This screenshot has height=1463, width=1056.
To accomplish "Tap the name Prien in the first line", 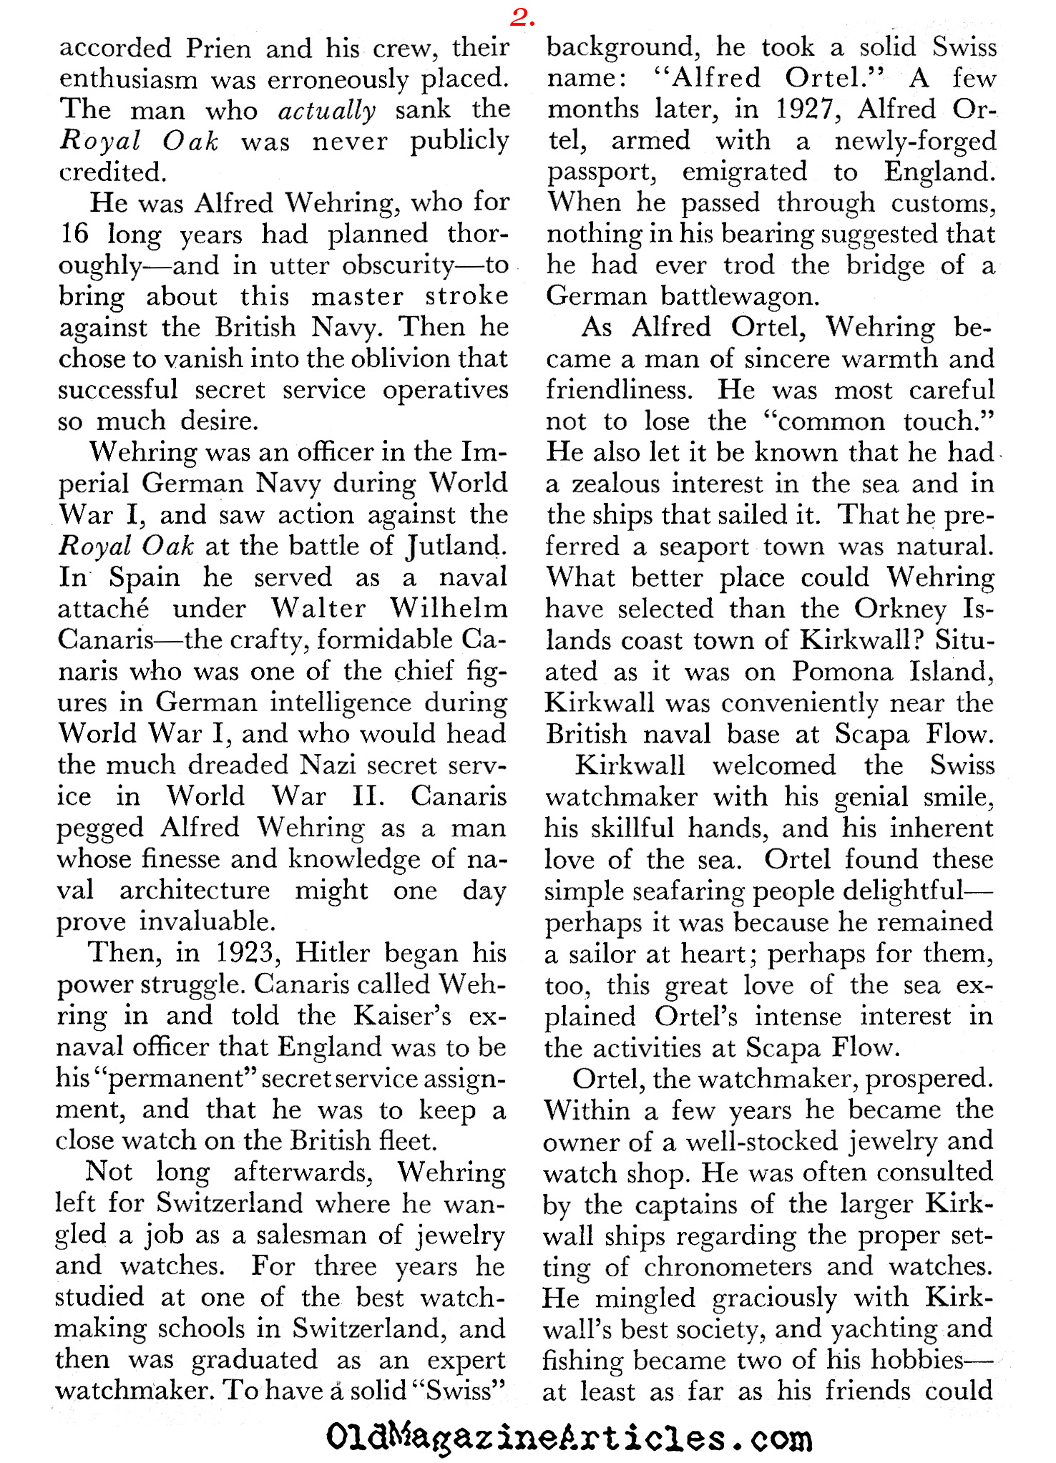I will tap(218, 48).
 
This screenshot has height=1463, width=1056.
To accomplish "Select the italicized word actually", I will tap(327, 110).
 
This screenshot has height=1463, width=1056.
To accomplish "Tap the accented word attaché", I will tap(103, 609).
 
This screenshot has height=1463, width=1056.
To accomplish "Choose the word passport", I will tap(602, 172).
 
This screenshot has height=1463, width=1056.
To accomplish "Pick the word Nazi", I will tap(334, 765).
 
